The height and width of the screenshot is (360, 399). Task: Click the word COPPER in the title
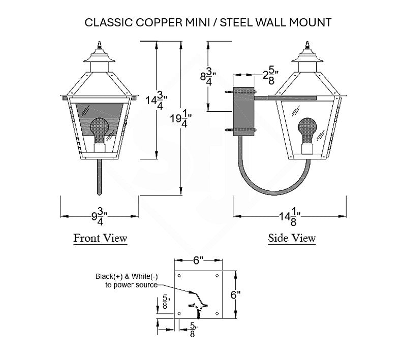[x=159, y=22]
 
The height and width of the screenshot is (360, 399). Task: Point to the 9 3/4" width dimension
[x=100, y=216]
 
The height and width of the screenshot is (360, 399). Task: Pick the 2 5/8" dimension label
[x=270, y=75]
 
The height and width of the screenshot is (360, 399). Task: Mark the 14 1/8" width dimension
[x=290, y=217]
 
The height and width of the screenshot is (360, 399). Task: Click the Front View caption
[x=100, y=238]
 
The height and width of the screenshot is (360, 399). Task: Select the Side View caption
[x=292, y=238]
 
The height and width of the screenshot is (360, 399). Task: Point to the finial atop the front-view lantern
[x=100, y=46]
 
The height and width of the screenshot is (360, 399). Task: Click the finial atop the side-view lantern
[x=308, y=46]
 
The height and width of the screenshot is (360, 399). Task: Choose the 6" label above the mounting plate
[x=198, y=260]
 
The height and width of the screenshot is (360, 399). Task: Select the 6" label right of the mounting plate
[x=235, y=295]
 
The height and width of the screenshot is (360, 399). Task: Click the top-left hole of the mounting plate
[x=179, y=276]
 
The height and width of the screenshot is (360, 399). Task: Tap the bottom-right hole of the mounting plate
[x=217, y=313]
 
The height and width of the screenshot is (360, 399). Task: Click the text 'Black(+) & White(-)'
[x=127, y=276]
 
